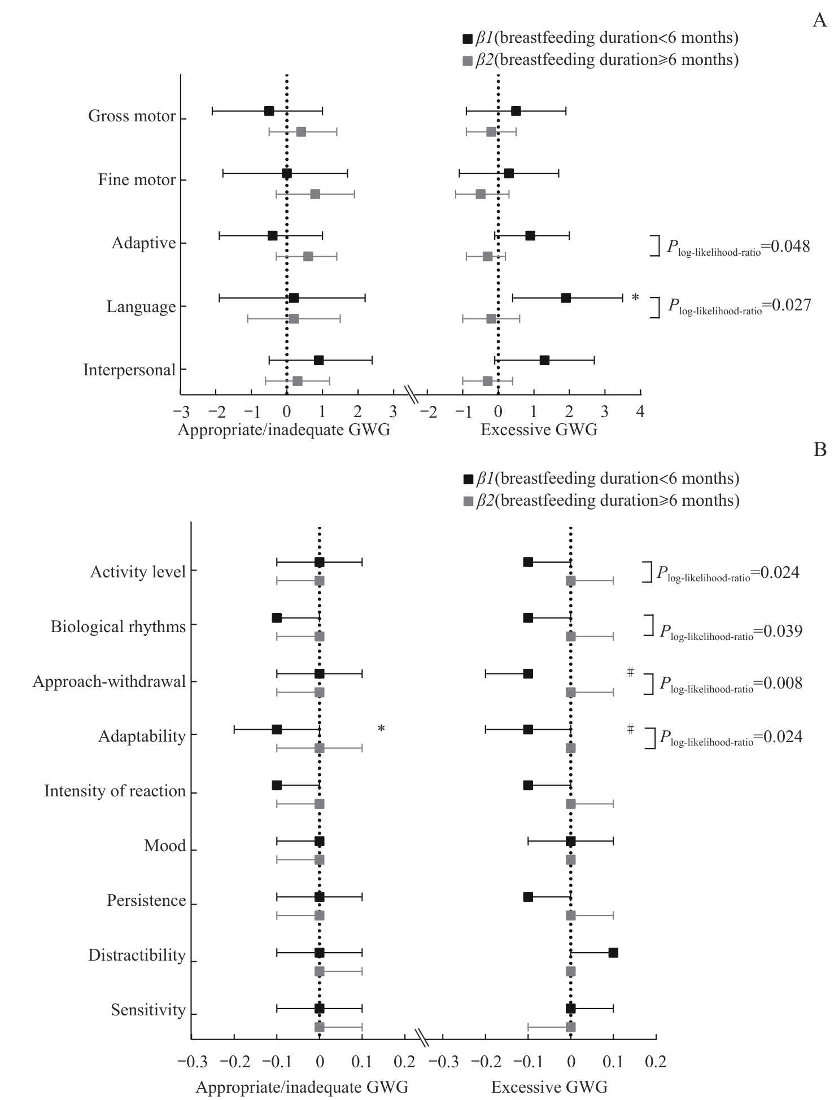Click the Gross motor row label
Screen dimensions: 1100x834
(x=132, y=116)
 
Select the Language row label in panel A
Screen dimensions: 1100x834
(x=141, y=307)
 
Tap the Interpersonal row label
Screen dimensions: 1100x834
(x=129, y=370)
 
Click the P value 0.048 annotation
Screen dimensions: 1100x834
(x=739, y=247)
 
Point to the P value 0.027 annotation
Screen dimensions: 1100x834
(x=740, y=305)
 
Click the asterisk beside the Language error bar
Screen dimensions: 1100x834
(x=635, y=297)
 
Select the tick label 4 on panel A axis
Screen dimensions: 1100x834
(x=640, y=411)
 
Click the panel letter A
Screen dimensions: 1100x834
(x=819, y=21)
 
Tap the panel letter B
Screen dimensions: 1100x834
(x=820, y=450)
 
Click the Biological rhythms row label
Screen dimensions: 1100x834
(x=118, y=627)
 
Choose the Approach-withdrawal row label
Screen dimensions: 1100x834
(x=109, y=682)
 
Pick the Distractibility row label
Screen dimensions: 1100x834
(x=137, y=956)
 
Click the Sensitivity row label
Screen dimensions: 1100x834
(x=148, y=1010)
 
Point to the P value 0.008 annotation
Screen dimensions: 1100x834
(x=731, y=684)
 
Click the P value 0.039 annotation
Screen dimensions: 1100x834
(x=731, y=631)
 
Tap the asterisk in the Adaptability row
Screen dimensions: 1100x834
(x=381, y=729)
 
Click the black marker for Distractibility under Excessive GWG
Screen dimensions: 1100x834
(x=613, y=953)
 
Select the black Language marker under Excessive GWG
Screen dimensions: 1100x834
(x=566, y=298)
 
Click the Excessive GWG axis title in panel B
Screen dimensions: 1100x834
(x=549, y=1087)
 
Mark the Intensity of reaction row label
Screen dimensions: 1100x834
(x=115, y=791)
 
